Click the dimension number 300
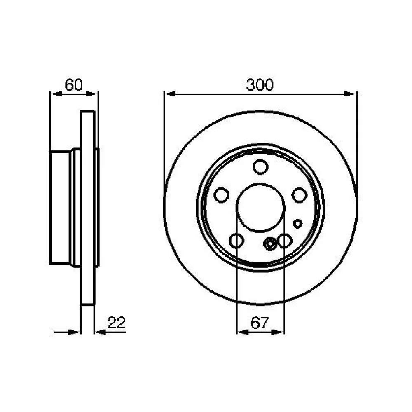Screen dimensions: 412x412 point(260,85)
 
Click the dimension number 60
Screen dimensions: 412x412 point(74,85)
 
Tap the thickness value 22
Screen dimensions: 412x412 point(117,323)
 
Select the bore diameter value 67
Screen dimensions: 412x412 point(260,323)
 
